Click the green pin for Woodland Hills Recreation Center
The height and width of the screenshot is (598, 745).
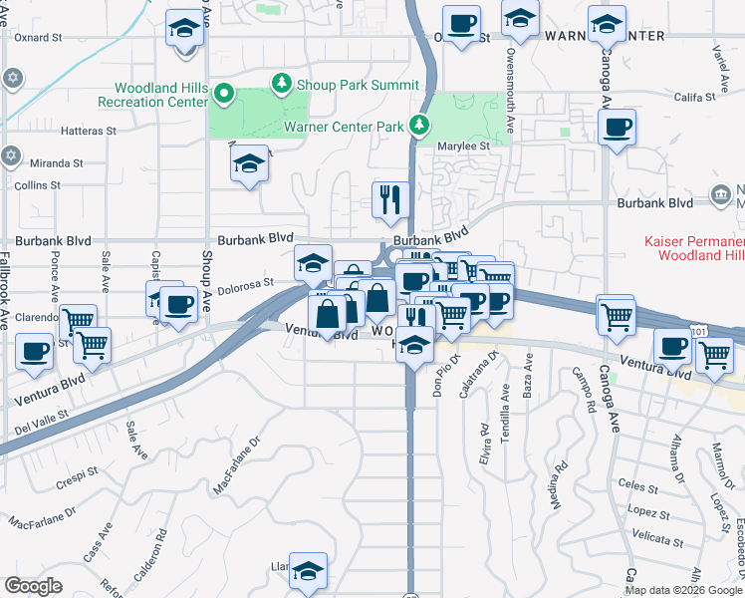(x=224, y=96)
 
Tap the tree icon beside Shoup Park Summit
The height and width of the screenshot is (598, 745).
(x=282, y=84)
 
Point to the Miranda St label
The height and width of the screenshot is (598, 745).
(x=57, y=163)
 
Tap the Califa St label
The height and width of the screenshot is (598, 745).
(x=695, y=98)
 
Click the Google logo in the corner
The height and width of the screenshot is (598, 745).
(x=33, y=586)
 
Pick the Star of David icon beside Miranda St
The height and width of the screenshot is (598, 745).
(x=11, y=155)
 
